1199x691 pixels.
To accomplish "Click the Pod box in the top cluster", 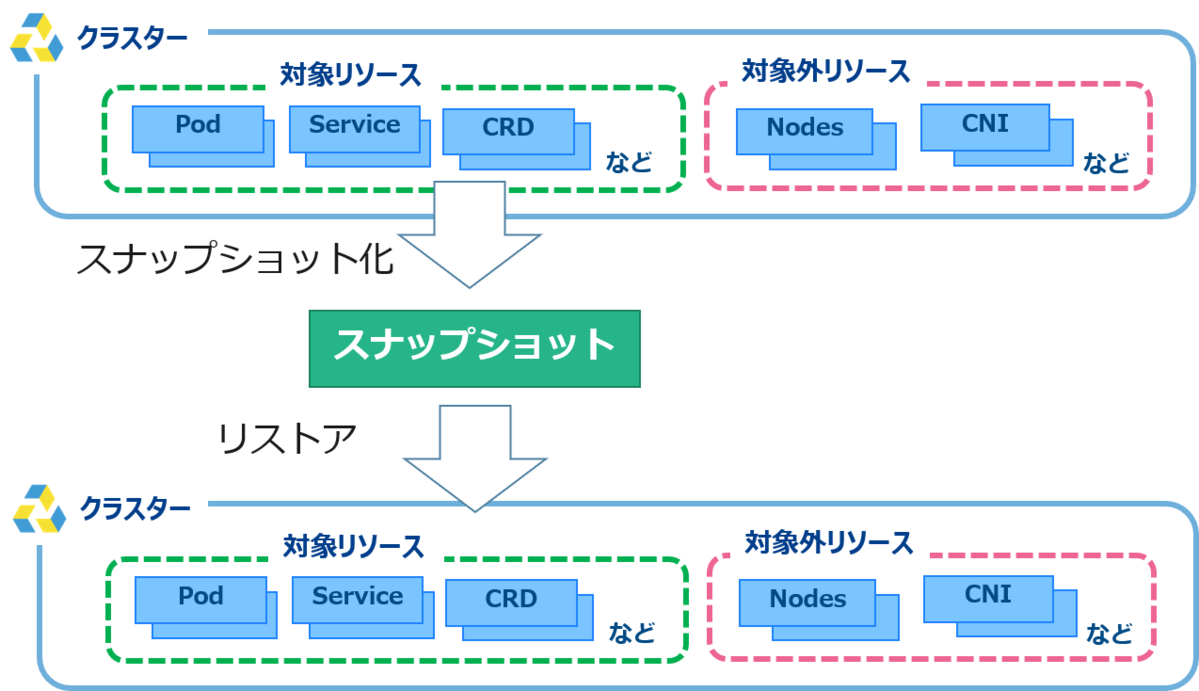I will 198,127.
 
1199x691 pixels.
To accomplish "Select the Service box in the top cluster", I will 354,126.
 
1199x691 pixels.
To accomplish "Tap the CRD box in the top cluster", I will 508,129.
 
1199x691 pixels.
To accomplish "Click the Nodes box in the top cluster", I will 805,129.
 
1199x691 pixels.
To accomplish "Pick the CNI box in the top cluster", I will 985,126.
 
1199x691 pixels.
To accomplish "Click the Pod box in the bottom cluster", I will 201,598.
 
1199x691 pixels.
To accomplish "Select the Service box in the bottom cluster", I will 357,598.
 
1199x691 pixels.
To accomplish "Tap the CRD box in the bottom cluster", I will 511,600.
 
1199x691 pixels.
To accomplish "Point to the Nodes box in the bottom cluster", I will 808,601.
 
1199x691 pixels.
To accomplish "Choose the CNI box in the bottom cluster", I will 988,596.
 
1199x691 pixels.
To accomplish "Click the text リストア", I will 287,438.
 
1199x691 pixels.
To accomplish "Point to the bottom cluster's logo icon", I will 40,510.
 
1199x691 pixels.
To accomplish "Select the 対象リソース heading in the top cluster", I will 351,75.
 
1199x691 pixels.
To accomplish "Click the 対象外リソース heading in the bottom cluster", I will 828,542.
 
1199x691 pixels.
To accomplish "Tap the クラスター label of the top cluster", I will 132,39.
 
